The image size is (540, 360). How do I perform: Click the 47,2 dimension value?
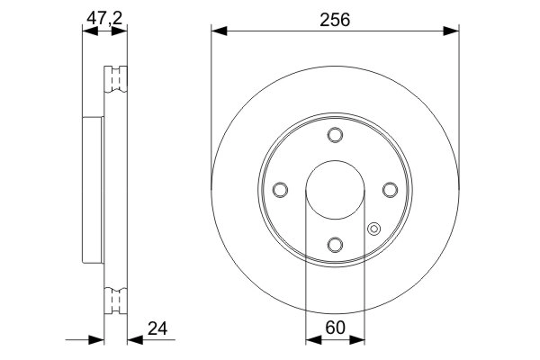coord(103,15)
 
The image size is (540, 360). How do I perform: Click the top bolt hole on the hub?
coord(335,135)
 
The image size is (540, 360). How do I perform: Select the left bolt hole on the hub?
coord(279,190)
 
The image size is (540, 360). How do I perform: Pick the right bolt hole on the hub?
coord(390,190)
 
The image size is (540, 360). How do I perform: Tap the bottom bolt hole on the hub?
coord(335,245)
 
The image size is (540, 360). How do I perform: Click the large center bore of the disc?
coord(335,190)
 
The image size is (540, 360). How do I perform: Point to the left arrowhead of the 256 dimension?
coord(219,31)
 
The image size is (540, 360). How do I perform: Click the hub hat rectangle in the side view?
coord(93,189)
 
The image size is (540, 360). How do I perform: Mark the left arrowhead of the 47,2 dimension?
coord(87,31)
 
